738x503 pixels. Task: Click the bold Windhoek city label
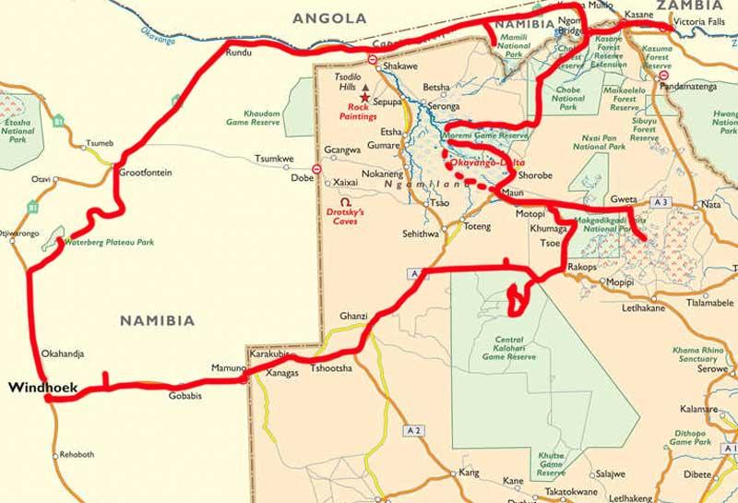click(42, 389)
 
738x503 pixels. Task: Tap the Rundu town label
click(238, 53)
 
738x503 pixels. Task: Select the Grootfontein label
click(146, 173)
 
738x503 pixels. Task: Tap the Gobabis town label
click(184, 397)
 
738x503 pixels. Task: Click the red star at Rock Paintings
click(365, 97)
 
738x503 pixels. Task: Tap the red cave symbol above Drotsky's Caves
click(345, 201)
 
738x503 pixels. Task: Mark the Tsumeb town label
click(99, 143)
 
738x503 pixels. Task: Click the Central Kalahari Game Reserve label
click(508, 348)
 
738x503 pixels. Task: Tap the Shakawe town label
click(400, 66)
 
